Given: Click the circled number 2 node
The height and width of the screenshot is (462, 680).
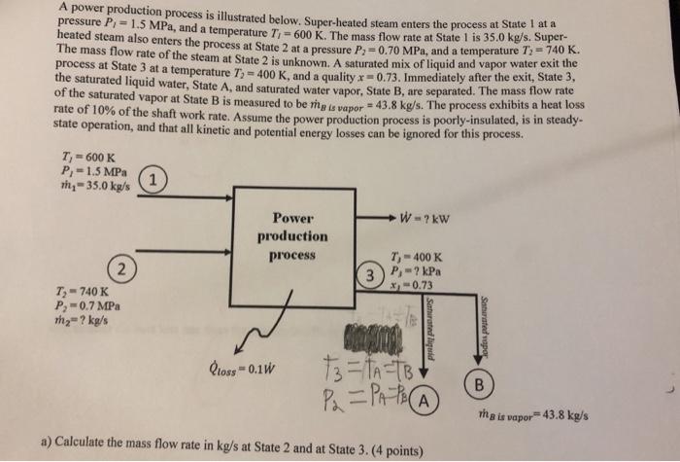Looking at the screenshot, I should [119, 268].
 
